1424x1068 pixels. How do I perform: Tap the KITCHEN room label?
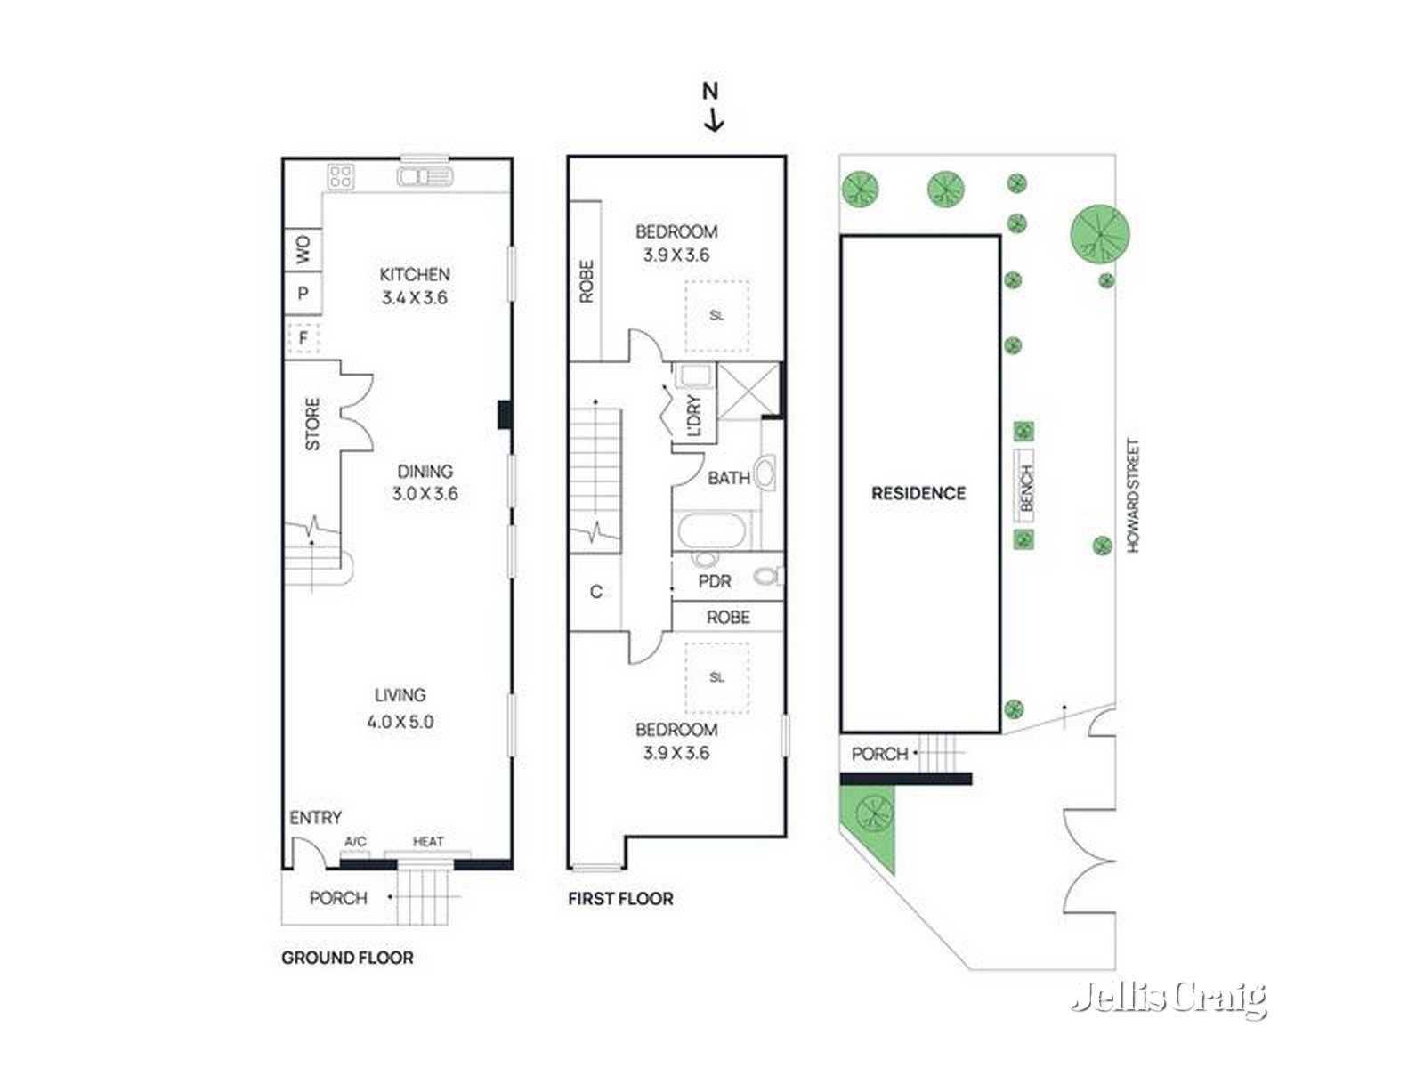click(415, 274)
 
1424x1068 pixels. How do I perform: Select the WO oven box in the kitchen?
click(303, 249)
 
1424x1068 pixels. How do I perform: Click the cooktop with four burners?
click(341, 176)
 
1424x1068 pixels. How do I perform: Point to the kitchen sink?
click(425, 177)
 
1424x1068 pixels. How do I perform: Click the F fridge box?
click(303, 338)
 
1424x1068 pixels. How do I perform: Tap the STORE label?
click(312, 424)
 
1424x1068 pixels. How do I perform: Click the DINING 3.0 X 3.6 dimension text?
click(425, 494)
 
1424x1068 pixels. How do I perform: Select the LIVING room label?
click(400, 695)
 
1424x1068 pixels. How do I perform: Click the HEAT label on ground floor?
click(428, 841)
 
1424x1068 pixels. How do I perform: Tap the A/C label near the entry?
click(355, 841)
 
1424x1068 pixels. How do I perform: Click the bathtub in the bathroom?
click(711, 533)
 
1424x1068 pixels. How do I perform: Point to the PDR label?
click(715, 581)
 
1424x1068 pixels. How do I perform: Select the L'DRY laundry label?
click(695, 416)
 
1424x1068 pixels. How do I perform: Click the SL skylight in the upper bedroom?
click(716, 316)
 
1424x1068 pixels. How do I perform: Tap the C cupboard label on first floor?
click(596, 591)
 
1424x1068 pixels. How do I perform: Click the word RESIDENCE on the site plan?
click(918, 493)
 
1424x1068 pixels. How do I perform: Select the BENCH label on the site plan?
click(1026, 488)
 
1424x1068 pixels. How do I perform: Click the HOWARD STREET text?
click(1133, 495)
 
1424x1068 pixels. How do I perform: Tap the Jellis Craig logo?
click(1169, 998)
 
